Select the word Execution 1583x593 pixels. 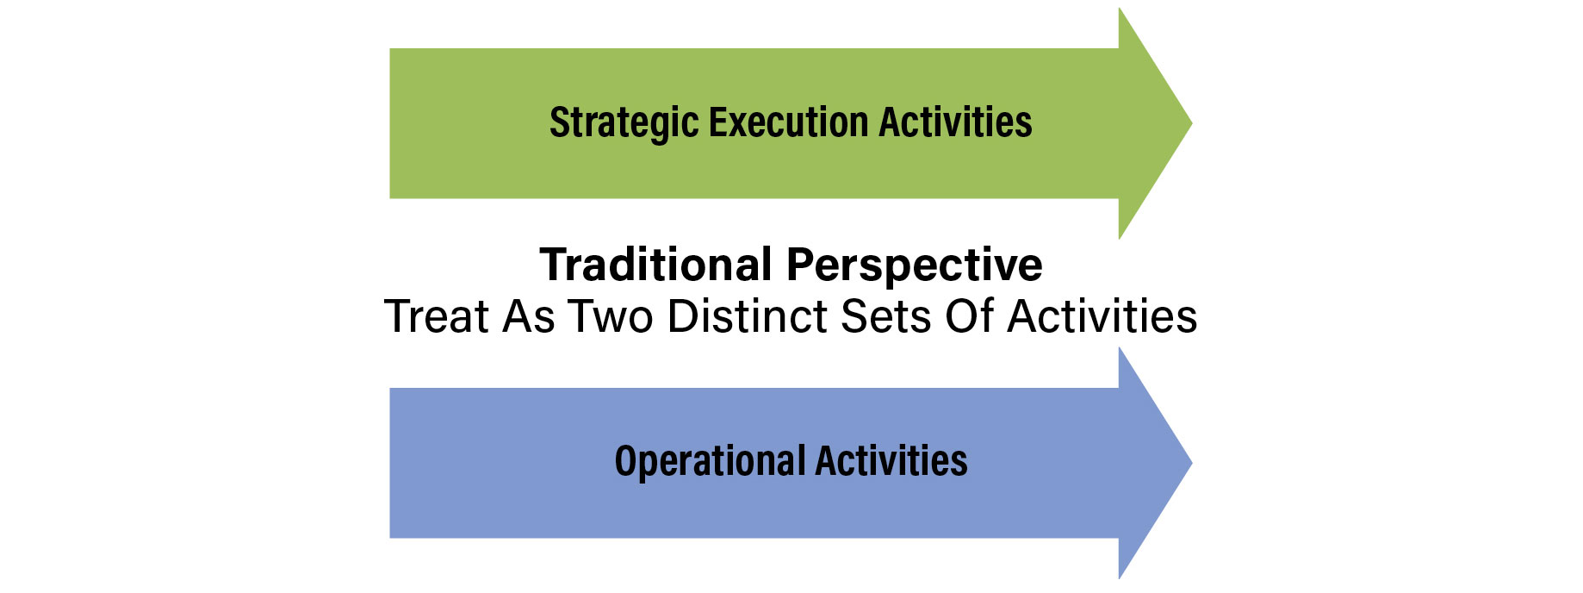click(788, 122)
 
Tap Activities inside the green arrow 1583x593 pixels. click(955, 122)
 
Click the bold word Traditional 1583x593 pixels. click(655, 264)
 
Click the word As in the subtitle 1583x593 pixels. click(529, 315)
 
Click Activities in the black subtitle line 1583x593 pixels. click(1102, 315)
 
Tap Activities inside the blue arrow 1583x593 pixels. click(891, 460)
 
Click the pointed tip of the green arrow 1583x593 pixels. click(1192, 123)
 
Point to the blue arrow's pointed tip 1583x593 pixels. click(1192, 463)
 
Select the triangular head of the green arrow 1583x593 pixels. click(1145, 123)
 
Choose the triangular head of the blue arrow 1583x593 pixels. click(1145, 463)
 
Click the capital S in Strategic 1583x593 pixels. click(560, 122)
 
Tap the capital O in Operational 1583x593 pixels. click(625, 461)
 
